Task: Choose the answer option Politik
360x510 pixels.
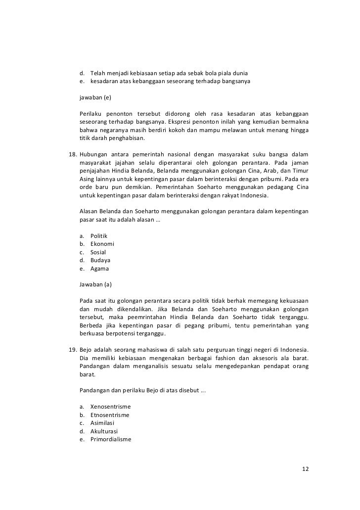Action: [x=99, y=236]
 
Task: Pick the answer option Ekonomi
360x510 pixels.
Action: [x=102, y=244]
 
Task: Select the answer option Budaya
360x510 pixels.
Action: [x=100, y=260]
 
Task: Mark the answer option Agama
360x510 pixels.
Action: [x=100, y=269]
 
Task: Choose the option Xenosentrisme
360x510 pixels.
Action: [x=110, y=407]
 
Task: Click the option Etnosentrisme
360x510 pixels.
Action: [x=110, y=415]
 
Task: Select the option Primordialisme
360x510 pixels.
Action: [x=111, y=439]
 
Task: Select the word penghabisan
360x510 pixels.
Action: [x=126, y=138]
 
